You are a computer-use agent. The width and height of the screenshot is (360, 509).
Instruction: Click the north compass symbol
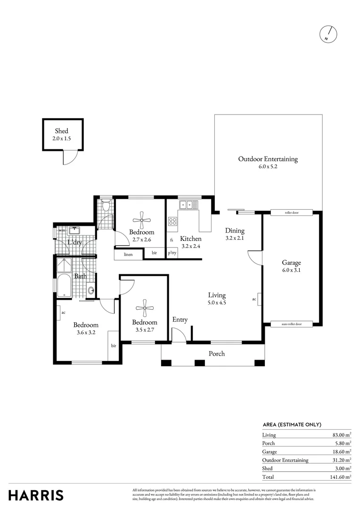click(x=329, y=33)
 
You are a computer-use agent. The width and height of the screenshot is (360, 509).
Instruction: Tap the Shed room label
click(x=61, y=131)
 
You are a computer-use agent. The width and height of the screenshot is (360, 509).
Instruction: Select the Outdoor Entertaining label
click(x=268, y=159)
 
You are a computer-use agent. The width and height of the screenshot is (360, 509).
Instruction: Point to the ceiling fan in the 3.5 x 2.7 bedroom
click(x=145, y=309)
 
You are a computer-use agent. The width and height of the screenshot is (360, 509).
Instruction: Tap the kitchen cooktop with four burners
click(x=172, y=221)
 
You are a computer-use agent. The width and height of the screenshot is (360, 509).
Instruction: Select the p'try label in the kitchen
click(x=172, y=253)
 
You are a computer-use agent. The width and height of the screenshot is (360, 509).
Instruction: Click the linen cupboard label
click(x=128, y=254)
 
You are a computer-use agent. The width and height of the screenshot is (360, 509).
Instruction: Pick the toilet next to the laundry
click(x=106, y=206)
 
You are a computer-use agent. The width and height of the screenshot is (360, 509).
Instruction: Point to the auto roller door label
click(x=291, y=324)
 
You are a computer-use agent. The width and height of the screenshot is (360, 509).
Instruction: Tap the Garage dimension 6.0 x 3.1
click(x=291, y=271)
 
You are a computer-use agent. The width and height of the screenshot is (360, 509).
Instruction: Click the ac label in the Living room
click(x=254, y=299)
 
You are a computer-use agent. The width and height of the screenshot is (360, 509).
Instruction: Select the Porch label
click(x=217, y=353)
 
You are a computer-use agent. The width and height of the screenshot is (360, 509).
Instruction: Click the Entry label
click(x=180, y=320)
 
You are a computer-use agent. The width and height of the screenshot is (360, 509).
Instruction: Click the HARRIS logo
click(x=36, y=495)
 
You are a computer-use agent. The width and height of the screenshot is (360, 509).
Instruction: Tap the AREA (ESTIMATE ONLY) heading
click(x=292, y=425)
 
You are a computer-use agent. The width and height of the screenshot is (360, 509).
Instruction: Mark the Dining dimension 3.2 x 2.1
click(x=235, y=238)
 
